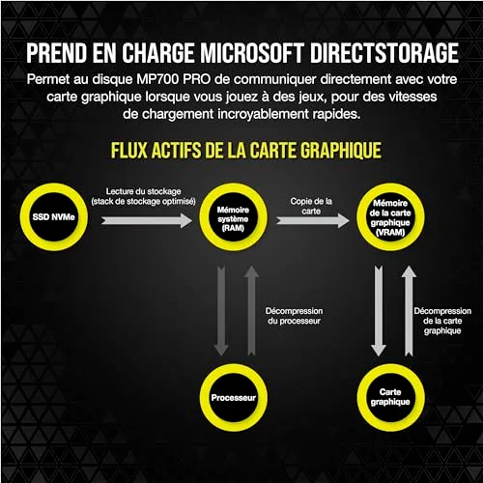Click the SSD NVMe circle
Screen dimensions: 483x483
[26, 216]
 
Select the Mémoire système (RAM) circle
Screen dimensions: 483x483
[205, 216]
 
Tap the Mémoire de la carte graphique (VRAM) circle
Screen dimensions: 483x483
[362, 216]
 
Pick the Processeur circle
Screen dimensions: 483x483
[205, 397]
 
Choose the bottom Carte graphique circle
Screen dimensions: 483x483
[363, 397]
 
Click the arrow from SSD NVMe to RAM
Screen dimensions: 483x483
[147, 220]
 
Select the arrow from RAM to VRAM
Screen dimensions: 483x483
[313, 220]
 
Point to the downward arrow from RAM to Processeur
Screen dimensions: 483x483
[221, 311]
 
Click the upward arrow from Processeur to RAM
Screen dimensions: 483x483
[251, 311]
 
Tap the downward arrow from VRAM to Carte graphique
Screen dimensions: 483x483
[379, 311]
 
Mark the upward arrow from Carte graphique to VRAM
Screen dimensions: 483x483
[409, 311]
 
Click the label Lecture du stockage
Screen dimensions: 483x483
[143, 191]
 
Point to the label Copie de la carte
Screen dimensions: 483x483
[311, 206]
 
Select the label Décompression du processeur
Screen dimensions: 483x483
[294, 316]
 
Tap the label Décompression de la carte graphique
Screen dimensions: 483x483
[442, 321]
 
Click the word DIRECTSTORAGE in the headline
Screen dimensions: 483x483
[384, 53]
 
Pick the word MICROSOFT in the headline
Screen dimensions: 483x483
[252, 53]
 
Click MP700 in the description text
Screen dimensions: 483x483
[157, 79]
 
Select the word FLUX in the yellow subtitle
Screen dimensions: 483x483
[129, 151]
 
